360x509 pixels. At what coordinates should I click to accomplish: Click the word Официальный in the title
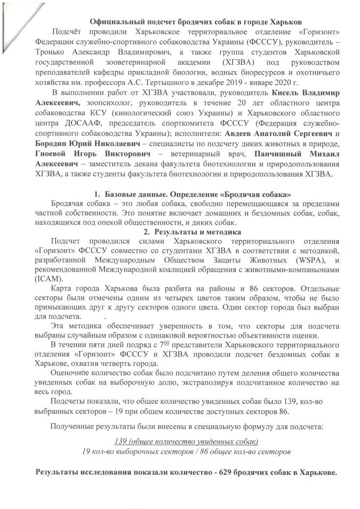116,22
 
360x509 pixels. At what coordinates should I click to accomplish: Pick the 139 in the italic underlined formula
122,441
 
